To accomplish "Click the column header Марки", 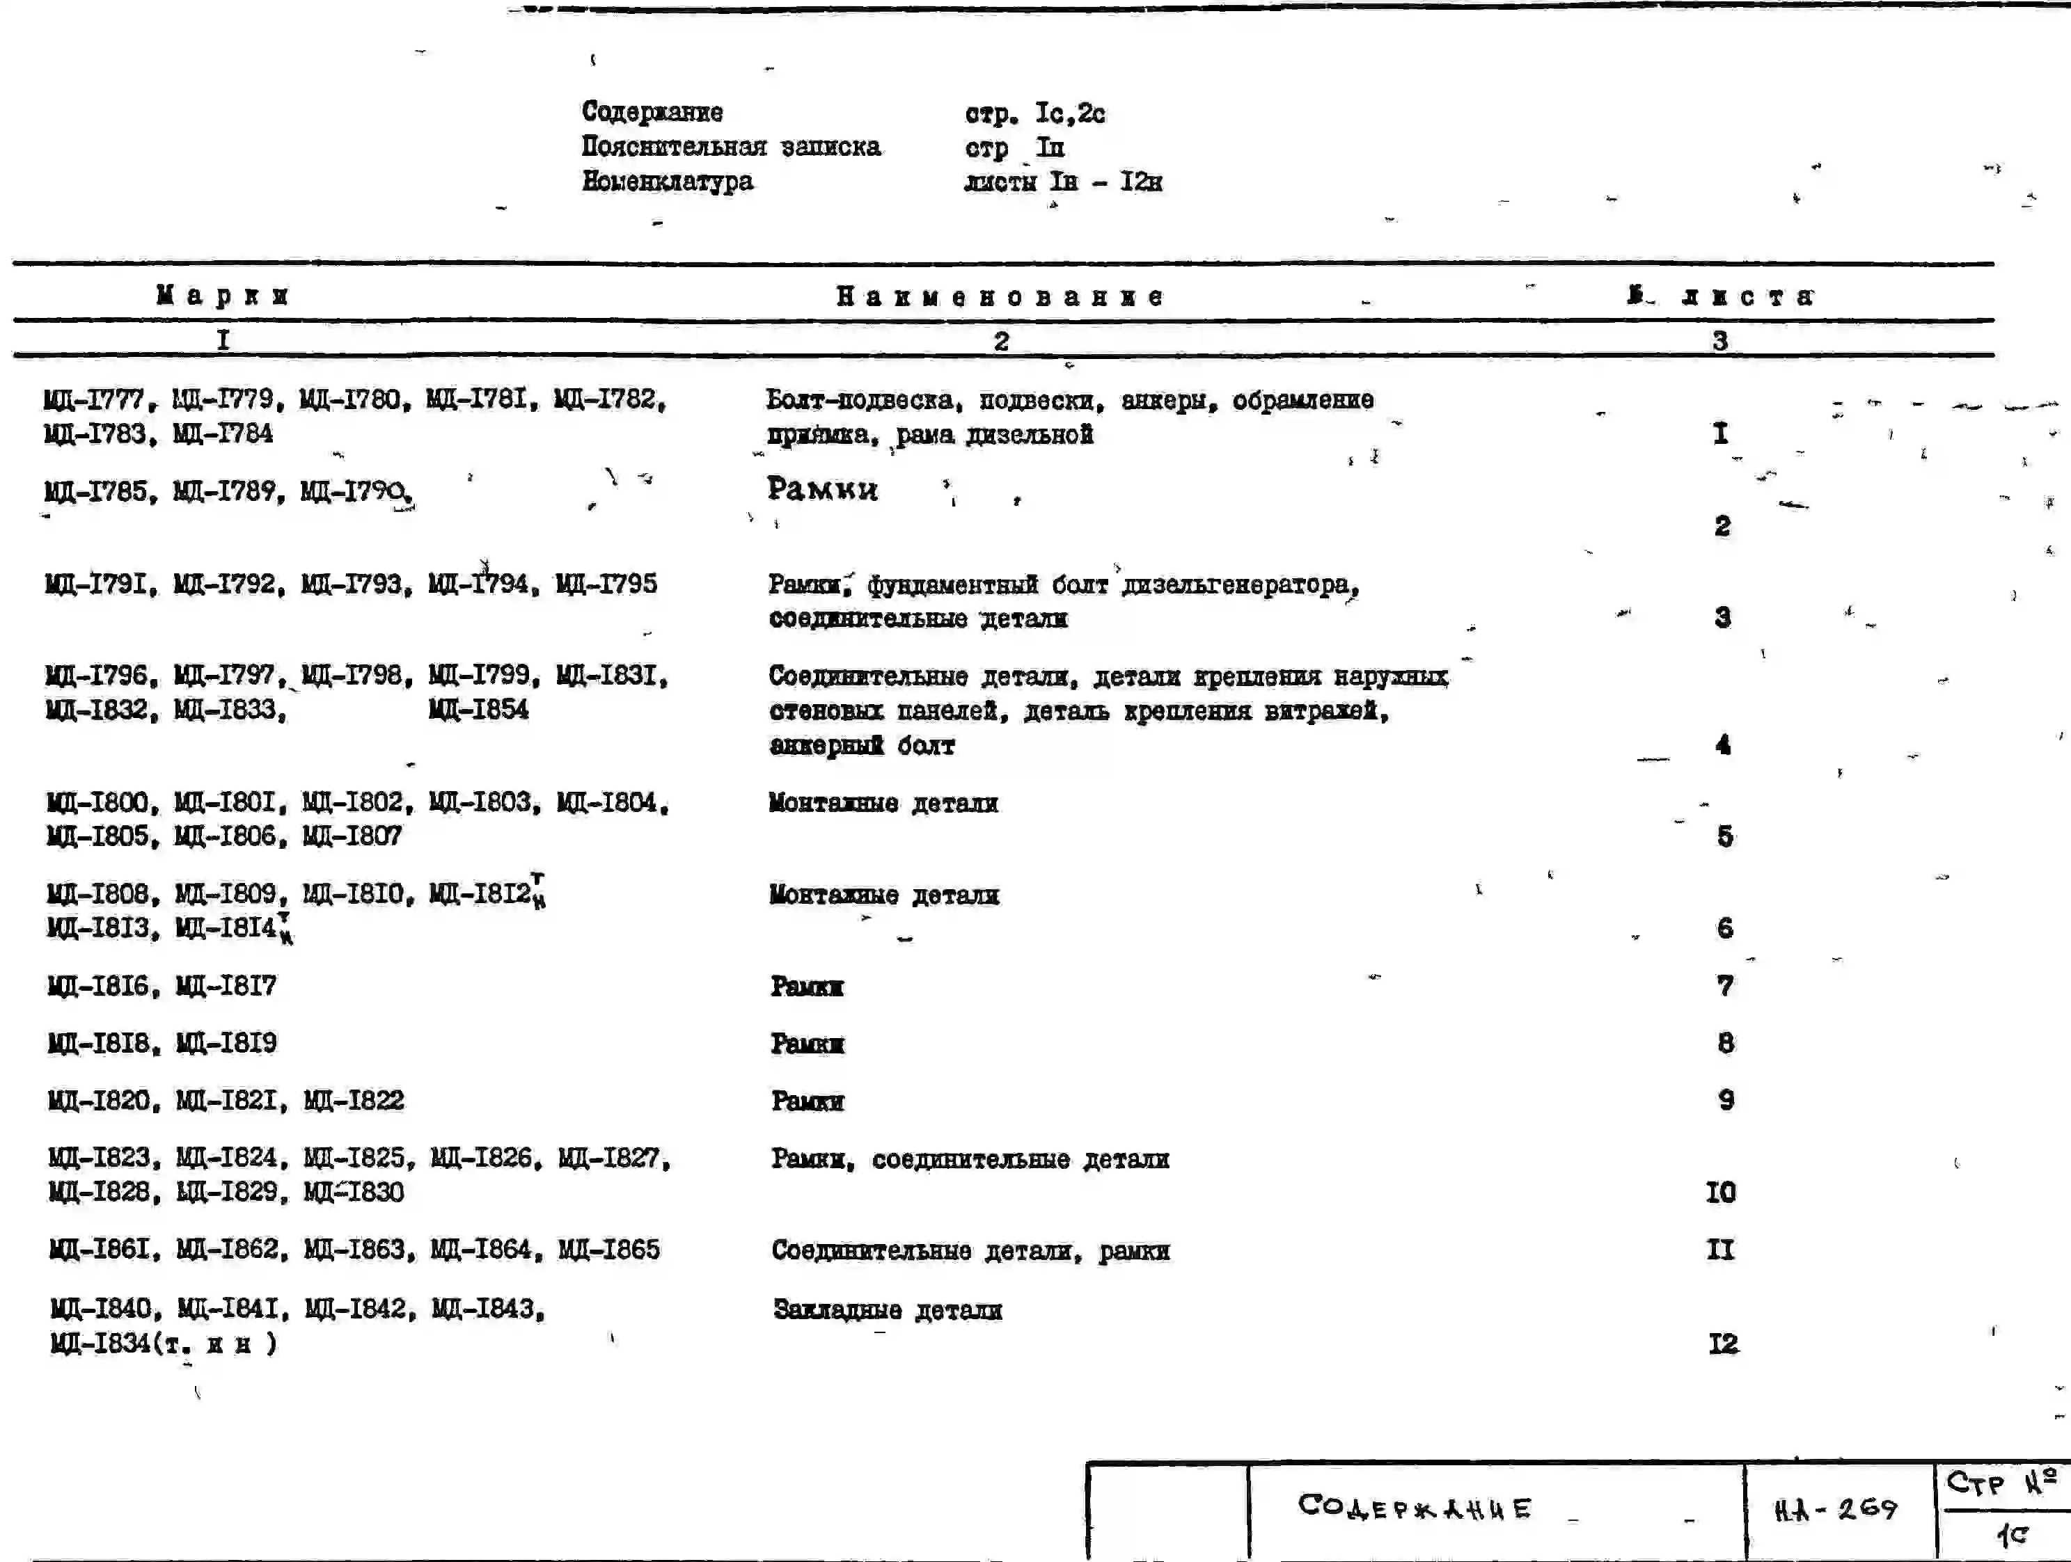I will [223, 296].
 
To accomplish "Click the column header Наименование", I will [1000, 296].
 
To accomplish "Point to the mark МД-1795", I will [607, 584].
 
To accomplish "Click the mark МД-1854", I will [478, 710].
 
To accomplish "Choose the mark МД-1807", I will [352, 836].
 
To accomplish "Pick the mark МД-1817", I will [226, 985].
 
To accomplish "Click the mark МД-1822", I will [354, 1100].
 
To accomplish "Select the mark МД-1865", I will [608, 1250].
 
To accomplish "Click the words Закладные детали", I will [887, 1310].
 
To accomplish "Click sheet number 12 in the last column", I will [1723, 1344].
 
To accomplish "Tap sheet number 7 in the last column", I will [1724, 985].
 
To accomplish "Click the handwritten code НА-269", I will [1836, 1508].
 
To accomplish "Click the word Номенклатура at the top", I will [667, 181].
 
